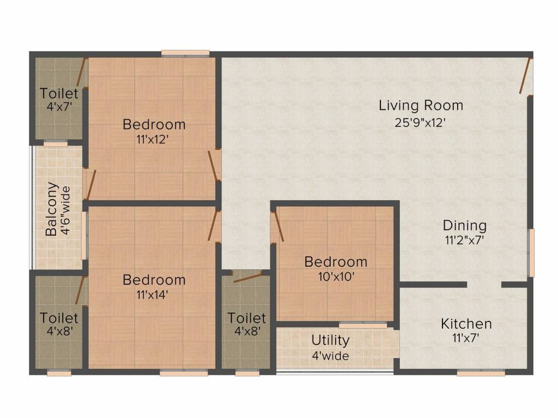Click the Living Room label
click(x=421, y=106)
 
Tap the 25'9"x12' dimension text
click(x=420, y=122)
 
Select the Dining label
click(x=465, y=225)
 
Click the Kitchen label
click(x=466, y=324)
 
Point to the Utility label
click(x=330, y=341)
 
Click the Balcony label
click(x=52, y=209)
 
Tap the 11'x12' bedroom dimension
click(x=153, y=139)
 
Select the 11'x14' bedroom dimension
click(x=153, y=294)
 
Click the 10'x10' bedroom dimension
click(x=336, y=276)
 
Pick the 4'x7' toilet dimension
click(x=59, y=106)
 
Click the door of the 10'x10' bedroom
click(x=277, y=227)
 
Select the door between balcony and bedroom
click(x=91, y=185)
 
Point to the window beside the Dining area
click(x=531, y=253)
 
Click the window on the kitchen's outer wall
click(x=481, y=373)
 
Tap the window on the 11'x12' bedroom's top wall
click(x=185, y=53)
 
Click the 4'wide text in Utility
click(x=331, y=356)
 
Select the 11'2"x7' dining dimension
click(x=464, y=240)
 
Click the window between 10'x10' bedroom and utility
click(x=362, y=325)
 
